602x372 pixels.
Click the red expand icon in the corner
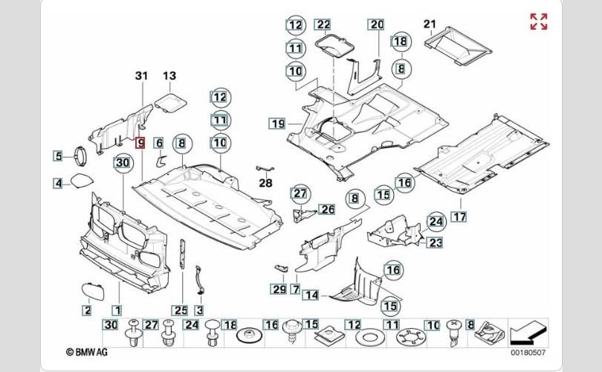point(539,22)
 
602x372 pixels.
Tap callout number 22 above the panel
point(323,25)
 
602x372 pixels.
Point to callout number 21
point(430,25)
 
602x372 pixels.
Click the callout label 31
point(142,75)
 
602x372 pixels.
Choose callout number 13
point(169,75)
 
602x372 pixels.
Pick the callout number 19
point(278,122)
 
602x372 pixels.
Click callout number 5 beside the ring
point(58,156)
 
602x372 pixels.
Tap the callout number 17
point(459,217)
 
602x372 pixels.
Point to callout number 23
point(435,242)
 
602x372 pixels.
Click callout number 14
point(311,295)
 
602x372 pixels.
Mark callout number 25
point(179,310)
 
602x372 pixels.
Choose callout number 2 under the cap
point(87,310)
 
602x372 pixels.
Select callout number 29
point(278,289)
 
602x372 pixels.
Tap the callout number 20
point(376,25)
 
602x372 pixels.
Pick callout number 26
point(328,210)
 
